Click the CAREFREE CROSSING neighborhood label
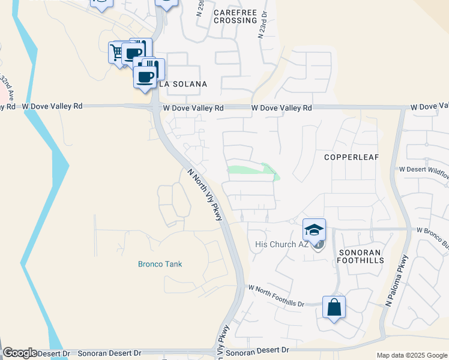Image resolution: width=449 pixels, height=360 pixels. (x=235, y=16)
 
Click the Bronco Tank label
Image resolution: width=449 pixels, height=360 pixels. (x=160, y=264)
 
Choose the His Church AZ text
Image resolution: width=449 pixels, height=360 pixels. (x=281, y=244)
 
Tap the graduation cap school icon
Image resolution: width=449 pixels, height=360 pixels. (x=314, y=229)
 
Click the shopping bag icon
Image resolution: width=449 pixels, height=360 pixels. (x=334, y=307)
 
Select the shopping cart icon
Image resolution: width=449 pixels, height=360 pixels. (x=116, y=52)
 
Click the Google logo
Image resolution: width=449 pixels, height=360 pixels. (x=20, y=353)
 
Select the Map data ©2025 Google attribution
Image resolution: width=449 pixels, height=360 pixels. (x=412, y=355)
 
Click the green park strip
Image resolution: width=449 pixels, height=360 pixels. (x=252, y=170)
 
